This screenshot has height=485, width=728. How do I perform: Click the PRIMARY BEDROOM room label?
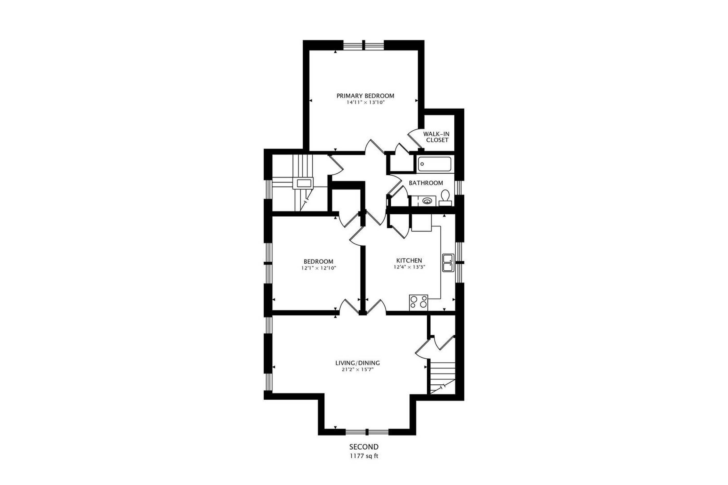pos(365,96)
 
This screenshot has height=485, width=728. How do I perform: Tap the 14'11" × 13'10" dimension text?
pos(365,103)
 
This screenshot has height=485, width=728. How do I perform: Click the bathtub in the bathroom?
pos(434,164)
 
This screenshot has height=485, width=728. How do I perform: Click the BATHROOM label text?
pos(426,183)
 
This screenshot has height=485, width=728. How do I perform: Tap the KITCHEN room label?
pos(409,260)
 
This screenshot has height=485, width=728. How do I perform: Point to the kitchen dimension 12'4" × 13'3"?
pos(409,267)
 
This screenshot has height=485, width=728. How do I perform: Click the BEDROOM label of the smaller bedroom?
pos(318,262)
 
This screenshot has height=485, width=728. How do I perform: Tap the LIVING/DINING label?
pos(357,363)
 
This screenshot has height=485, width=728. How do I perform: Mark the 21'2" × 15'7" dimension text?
pos(358,370)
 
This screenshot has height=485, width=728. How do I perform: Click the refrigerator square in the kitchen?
pos(421,223)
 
